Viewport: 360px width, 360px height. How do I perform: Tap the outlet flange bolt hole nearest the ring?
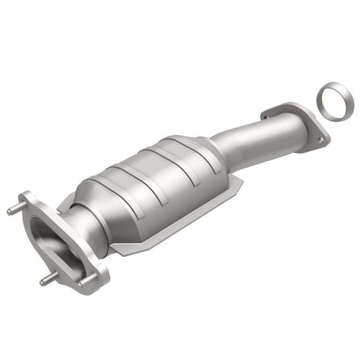[320, 140]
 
